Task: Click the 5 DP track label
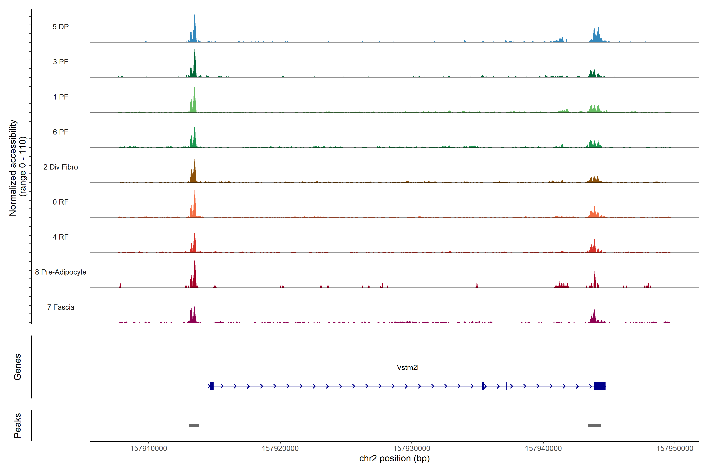[61, 27]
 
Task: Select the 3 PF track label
[61, 62]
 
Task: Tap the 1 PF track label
[61, 97]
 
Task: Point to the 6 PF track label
[61, 132]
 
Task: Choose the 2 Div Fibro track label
[61, 167]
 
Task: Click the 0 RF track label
[61, 202]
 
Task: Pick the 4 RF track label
[61, 237]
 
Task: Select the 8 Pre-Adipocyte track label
[61, 272]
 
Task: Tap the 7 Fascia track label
[61, 307]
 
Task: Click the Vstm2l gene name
[407, 368]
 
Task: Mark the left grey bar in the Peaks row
[194, 426]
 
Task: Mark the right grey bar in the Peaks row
[594, 426]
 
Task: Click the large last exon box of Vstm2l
[600, 386]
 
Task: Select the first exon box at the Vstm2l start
[212, 386]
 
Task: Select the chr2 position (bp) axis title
[394, 458]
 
